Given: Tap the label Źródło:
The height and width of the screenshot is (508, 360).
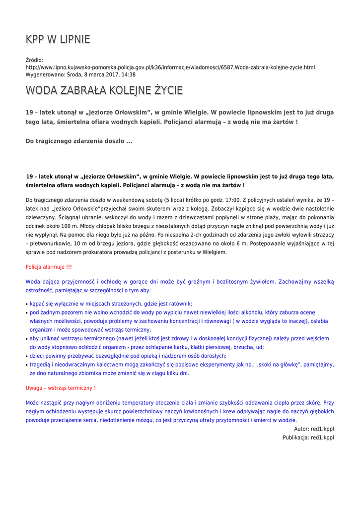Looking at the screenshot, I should [34, 60].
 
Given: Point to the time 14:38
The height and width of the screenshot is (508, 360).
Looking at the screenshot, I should [129, 74].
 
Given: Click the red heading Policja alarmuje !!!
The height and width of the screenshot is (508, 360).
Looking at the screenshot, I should [49, 267].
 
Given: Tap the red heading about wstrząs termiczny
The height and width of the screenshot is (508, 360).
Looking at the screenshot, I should [61, 388].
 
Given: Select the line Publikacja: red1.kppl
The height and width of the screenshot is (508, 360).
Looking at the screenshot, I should [308, 438].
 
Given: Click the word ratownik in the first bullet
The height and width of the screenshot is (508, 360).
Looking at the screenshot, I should [181, 304].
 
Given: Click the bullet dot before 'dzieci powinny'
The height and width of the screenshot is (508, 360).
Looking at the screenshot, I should [26, 356].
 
